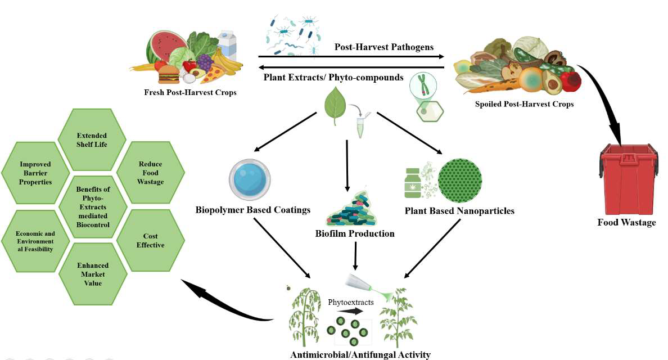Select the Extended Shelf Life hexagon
92,139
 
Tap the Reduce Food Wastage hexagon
150,173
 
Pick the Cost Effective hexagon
150,241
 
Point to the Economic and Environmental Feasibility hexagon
35,241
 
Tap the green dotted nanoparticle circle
459,180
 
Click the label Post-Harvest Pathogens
383,47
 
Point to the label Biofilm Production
354,233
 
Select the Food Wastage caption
626,222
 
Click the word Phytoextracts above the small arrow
351,302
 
